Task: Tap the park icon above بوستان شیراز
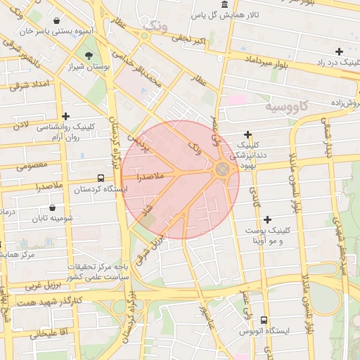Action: click(x=89, y=56)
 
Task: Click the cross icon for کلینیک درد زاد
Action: click(x=339, y=51)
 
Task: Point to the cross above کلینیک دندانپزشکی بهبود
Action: click(x=247, y=134)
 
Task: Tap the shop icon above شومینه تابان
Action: click(x=53, y=207)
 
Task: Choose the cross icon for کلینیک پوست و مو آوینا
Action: click(x=268, y=219)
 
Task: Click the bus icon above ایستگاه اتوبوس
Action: click(x=264, y=320)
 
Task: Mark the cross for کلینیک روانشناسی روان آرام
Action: click(x=66, y=116)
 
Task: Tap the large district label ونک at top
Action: click(x=155, y=26)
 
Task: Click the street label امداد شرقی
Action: click(x=29, y=85)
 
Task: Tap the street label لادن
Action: click(x=23, y=124)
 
